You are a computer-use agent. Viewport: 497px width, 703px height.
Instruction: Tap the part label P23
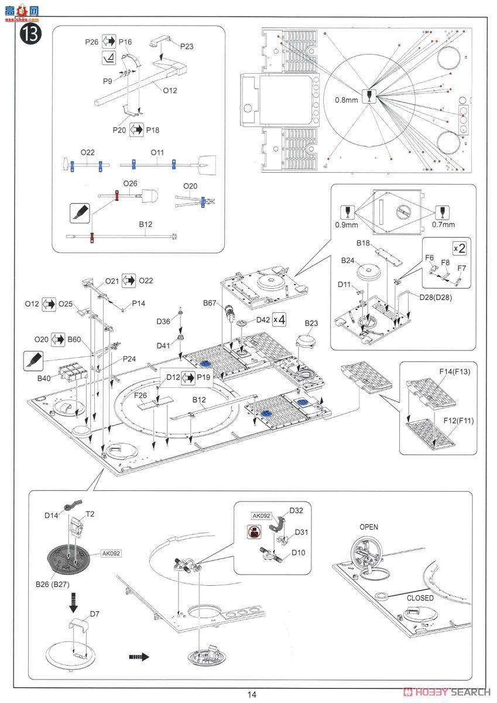coord(187,46)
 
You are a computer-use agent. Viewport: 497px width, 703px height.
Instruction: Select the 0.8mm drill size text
coord(345,100)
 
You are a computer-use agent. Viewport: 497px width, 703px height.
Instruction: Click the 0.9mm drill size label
coord(347,224)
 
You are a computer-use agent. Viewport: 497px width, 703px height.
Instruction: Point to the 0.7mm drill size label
coord(443,224)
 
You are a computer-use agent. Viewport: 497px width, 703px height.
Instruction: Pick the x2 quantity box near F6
coord(460,247)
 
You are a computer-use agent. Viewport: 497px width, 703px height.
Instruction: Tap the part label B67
coord(211,303)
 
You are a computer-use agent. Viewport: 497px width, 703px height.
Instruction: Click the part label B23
coord(311,323)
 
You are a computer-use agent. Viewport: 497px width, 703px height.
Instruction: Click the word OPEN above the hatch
coord(369,527)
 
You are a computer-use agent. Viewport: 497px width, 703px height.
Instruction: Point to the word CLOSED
coord(420,598)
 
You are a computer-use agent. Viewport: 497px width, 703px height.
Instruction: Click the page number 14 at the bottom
coord(251,695)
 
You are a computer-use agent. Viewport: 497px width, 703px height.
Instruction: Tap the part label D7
coord(94,613)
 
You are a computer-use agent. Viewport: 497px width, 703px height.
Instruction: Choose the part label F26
coord(141,396)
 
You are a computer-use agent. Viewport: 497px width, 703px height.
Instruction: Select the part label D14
coord(52,515)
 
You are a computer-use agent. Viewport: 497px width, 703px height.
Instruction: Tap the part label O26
coord(130,184)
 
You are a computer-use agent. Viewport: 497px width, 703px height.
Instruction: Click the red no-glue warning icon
coord(250,532)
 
